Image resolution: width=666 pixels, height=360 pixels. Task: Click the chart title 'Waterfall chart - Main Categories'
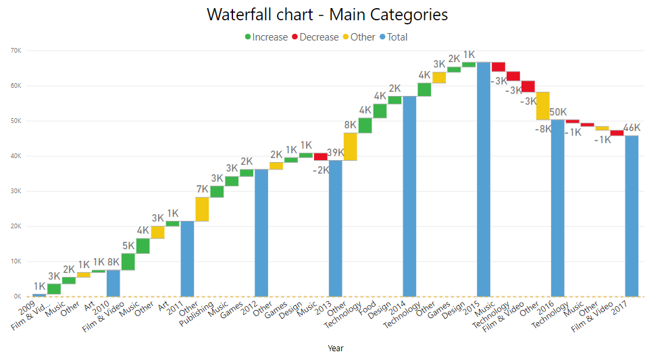(x=327, y=14)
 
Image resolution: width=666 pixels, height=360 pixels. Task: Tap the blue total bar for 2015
(x=484, y=179)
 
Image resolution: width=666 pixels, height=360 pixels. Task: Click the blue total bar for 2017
(x=632, y=215)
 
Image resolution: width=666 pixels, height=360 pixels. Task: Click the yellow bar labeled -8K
(x=543, y=106)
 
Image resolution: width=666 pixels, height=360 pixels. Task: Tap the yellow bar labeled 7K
(x=202, y=209)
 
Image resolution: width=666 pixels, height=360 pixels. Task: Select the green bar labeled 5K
(x=128, y=261)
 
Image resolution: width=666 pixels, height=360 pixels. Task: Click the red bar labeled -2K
(x=321, y=157)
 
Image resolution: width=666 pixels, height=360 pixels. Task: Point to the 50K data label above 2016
(x=558, y=112)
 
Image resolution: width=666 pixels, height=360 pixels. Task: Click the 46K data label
(x=632, y=128)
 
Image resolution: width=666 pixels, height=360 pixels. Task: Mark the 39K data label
(x=336, y=153)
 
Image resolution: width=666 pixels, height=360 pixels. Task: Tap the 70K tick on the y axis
(x=15, y=51)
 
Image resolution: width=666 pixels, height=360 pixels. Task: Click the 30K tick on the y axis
(x=15, y=191)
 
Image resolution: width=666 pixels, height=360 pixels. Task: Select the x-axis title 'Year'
(x=336, y=349)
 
